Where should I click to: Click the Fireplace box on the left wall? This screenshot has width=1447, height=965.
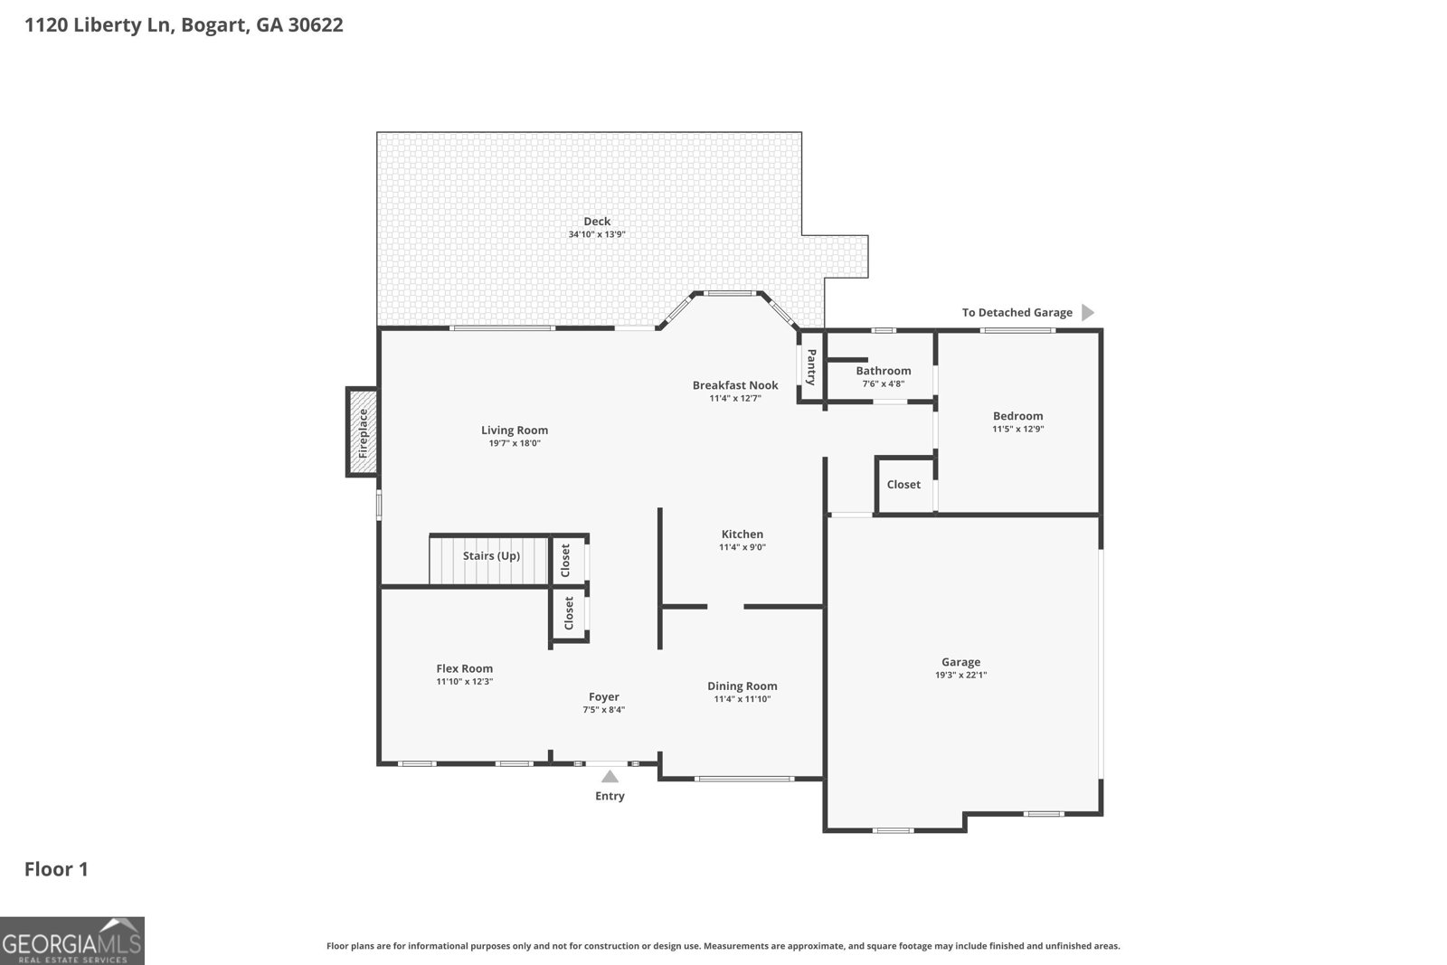tap(363, 432)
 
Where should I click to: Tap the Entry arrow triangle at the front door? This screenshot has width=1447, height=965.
tap(610, 776)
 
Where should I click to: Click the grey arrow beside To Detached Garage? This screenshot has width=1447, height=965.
tap(1088, 313)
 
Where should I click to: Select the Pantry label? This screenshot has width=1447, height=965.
tap(811, 367)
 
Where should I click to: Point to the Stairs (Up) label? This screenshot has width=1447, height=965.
tap(491, 555)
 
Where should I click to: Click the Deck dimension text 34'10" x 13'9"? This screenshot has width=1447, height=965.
tap(597, 234)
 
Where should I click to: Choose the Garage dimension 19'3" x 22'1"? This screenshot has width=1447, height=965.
tap(960, 675)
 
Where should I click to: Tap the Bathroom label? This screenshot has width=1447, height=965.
tap(883, 371)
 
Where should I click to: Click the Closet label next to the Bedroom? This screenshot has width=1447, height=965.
tap(903, 485)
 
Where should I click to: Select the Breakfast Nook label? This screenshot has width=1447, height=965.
tap(735, 385)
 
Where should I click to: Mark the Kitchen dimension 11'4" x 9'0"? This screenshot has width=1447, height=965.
tap(742, 547)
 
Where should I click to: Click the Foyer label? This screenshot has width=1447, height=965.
tap(604, 697)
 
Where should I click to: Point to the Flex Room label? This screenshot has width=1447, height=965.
tap(465, 668)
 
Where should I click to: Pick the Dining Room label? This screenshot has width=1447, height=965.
tap(742, 686)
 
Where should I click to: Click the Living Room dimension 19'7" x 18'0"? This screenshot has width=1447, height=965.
tap(515, 443)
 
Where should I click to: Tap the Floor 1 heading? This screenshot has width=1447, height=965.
tap(56, 870)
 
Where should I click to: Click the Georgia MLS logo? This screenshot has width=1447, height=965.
tap(72, 941)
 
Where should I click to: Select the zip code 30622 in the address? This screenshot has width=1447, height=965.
tap(315, 25)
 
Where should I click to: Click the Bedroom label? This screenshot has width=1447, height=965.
tap(1017, 416)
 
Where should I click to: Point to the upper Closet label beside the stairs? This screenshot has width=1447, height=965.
tap(566, 560)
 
